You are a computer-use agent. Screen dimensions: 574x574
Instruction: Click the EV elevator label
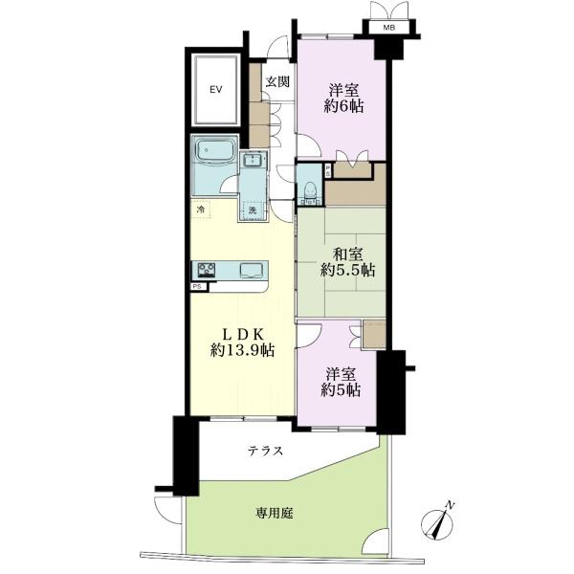216,89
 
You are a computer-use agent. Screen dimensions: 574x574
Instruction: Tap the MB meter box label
389,27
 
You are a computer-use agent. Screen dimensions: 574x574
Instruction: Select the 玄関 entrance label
277,81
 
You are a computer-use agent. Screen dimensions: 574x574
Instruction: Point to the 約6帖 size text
343,106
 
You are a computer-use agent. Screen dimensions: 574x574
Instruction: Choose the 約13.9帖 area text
242,351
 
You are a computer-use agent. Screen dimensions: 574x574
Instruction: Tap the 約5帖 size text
341,390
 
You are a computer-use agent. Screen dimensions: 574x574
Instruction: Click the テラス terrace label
266,451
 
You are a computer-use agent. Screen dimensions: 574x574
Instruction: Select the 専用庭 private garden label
275,514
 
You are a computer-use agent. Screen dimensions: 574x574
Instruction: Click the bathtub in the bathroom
215,150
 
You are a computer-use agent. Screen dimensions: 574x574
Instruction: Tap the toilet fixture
310,190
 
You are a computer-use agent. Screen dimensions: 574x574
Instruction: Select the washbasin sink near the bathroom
253,160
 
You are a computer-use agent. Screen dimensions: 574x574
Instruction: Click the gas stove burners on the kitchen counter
207,270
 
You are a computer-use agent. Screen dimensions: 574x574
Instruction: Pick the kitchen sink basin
251,271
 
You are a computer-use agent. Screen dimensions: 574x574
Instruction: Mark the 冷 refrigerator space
201,210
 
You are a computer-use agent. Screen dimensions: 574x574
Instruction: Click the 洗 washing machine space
253,211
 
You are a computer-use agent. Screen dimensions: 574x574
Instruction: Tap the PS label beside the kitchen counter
198,287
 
